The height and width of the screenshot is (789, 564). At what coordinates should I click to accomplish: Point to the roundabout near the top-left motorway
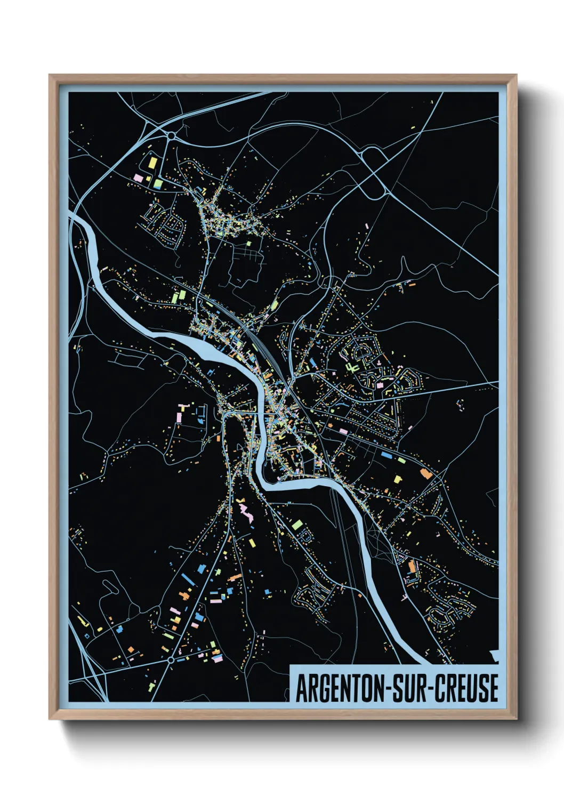[171, 136]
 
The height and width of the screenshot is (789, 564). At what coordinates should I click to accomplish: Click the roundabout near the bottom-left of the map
[171, 660]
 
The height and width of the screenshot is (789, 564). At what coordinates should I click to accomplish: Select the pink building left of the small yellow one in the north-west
[138, 176]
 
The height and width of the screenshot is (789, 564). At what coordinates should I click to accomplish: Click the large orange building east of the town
[425, 473]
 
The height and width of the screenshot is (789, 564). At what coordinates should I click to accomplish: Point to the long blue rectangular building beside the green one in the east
[386, 455]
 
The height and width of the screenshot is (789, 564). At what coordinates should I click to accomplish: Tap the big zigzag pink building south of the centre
[246, 513]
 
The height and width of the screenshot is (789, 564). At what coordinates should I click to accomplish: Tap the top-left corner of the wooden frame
[50, 76]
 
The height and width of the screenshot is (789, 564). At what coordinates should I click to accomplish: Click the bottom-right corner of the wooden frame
[515, 719]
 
